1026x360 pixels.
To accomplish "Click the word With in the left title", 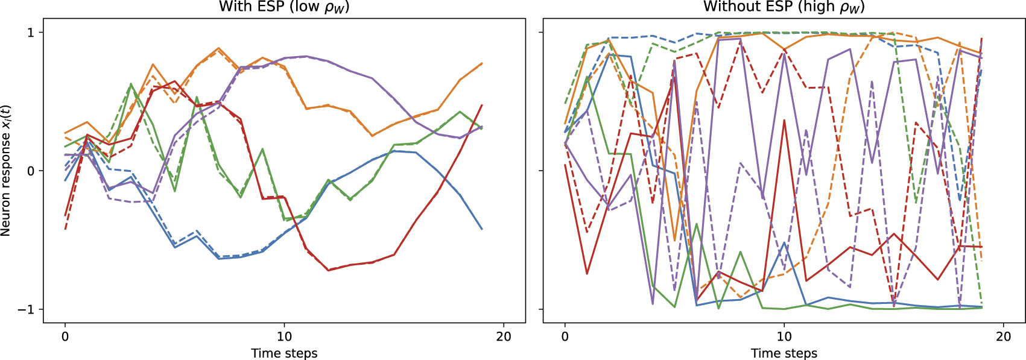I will coord(232,7).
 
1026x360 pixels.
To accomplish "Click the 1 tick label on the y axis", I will coord(31,33).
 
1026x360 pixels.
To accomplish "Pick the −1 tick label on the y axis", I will coord(26,309).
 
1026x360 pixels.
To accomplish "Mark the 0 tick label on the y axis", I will coord(31,171).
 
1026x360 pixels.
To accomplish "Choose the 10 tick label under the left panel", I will coord(284,336).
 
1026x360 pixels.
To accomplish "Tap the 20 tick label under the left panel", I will coord(504,336).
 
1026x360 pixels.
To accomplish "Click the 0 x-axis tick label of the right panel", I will coord(565,336).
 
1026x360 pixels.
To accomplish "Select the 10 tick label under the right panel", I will coord(784,336).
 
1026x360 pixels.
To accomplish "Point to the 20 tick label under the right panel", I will coord(1003,336).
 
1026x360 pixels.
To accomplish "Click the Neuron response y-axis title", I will coord(6,171).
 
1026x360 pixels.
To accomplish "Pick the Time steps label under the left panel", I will coord(284,353).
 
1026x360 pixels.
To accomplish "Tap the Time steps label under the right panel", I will coord(784,353).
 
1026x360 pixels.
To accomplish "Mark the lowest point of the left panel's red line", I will coord(328,270).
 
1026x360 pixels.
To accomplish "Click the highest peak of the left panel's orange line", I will coord(219,48).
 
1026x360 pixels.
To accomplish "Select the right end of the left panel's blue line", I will coord(482,229).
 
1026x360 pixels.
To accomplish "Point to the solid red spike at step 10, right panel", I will coord(784,120).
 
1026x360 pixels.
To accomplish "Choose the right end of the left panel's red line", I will coord(482,106).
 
